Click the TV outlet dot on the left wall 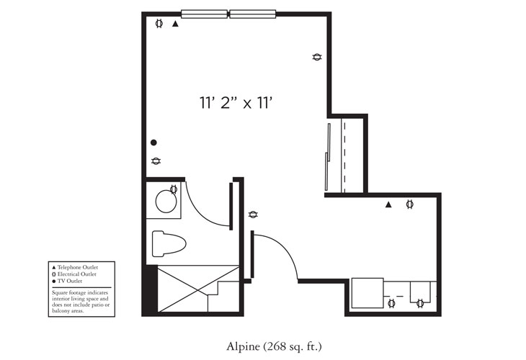pyautogui.click(x=153, y=143)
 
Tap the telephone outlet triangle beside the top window pyautogui.click(x=175, y=24)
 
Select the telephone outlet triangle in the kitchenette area pyautogui.click(x=388, y=205)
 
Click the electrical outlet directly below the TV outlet pyautogui.click(x=156, y=161)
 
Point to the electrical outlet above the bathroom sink pyautogui.click(x=173, y=190)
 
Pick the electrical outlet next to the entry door pyautogui.click(x=253, y=215)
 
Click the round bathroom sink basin pyautogui.click(x=166, y=203)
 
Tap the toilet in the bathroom pyautogui.click(x=169, y=243)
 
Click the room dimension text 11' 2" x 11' pyautogui.click(x=238, y=103)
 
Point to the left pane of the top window pyautogui.click(x=204, y=14)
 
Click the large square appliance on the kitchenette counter pyautogui.click(x=367, y=292)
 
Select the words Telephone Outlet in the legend pyautogui.click(x=78, y=267)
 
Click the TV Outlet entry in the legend pyautogui.click(x=72, y=281)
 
